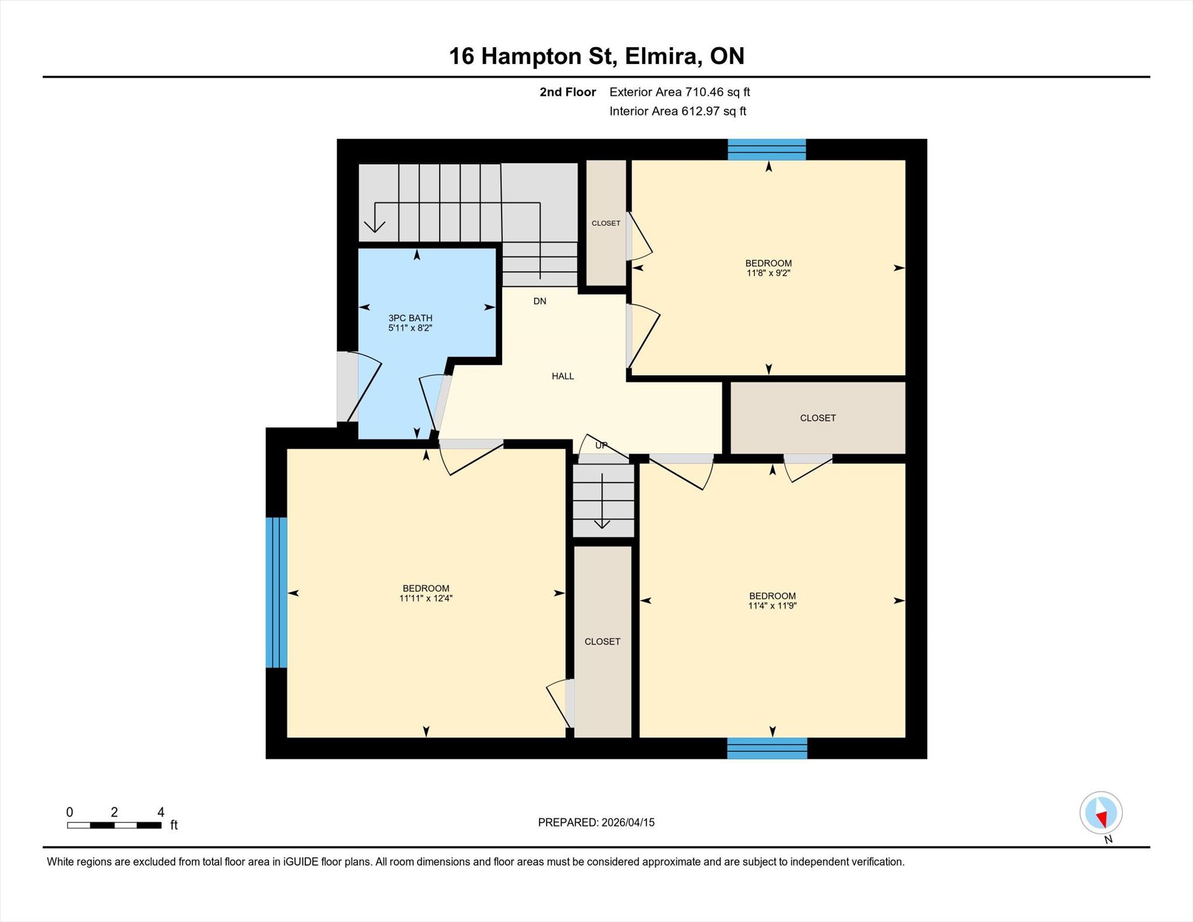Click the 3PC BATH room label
(411, 318)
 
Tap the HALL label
(563, 376)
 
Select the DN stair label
(540, 301)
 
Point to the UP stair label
(601, 446)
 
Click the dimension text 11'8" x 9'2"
(768, 273)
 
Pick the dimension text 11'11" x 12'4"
(426, 598)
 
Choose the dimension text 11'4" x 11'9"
(772, 606)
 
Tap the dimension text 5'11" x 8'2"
(411, 328)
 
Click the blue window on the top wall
(767, 149)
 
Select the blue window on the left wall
(277, 592)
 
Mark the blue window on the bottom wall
(767, 748)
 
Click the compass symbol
(1101, 813)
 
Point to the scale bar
(114, 825)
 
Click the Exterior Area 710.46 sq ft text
(680, 92)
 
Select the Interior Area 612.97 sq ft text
(678, 111)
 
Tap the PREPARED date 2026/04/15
(628, 822)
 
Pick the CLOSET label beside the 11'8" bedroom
(606, 223)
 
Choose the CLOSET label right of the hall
(818, 418)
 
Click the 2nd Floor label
(568, 92)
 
